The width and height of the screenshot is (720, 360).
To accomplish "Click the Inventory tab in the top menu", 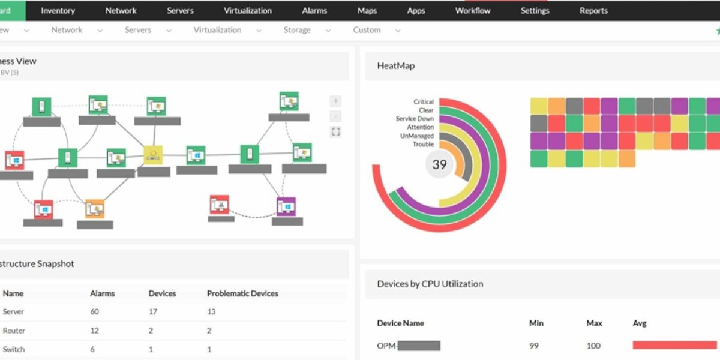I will coord(58,11).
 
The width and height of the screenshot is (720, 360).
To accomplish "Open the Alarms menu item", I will coord(314,11).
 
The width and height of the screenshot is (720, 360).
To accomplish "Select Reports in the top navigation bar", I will coord(593,11).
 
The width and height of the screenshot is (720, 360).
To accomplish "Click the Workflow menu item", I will coord(473,11).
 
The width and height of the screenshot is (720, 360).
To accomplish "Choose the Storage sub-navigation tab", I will coord(297,30).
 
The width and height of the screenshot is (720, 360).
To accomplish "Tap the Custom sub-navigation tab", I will coord(367,30).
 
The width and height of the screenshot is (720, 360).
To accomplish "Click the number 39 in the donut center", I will coord(440,164).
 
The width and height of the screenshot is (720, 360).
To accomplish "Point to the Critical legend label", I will coord(423,102).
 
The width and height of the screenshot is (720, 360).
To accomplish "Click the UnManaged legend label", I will coord(416,136).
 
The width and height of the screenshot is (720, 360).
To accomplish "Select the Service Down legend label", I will coord(415,119).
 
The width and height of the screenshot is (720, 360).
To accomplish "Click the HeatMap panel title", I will coord(395,66).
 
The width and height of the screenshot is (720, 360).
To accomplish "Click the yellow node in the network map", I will coord(153,155).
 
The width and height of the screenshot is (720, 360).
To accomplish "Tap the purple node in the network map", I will coord(286,206).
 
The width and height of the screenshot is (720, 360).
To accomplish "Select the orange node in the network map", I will coord(95,209).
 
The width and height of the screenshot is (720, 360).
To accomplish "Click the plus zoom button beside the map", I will coord(336,101).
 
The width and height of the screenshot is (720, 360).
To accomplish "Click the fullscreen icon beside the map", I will coord(336,132).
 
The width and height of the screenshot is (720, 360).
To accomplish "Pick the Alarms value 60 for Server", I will coord(94,312).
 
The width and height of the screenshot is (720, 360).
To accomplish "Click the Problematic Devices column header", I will coord(242,293).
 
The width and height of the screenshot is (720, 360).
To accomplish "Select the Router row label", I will coord(14,331).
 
